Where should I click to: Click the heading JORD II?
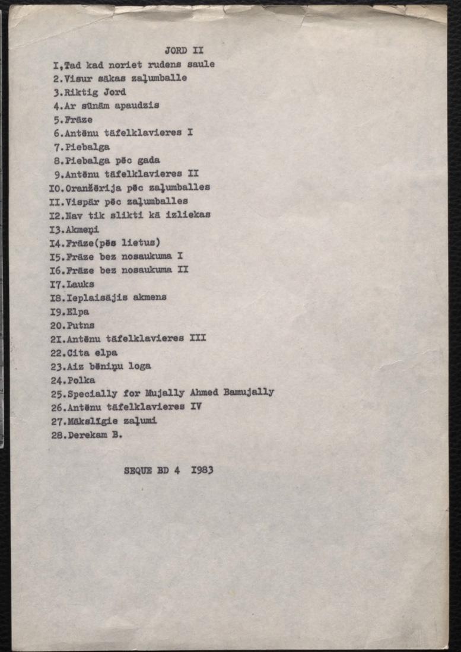coord(183,50)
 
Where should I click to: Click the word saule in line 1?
coord(202,64)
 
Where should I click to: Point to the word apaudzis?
coord(140,106)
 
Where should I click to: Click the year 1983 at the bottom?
coord(202,470)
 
